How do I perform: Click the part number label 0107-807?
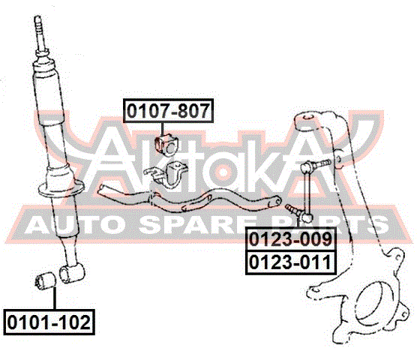169,111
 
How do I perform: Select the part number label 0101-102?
49,322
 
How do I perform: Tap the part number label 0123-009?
291,239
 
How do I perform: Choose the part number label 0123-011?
291,262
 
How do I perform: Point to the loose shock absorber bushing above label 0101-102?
45,280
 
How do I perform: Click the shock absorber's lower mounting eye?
71,273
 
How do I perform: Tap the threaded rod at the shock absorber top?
40,34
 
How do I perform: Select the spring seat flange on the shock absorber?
61,189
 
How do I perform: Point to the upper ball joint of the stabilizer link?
307,167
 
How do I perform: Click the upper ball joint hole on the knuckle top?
308,117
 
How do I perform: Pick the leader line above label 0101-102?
55,298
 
